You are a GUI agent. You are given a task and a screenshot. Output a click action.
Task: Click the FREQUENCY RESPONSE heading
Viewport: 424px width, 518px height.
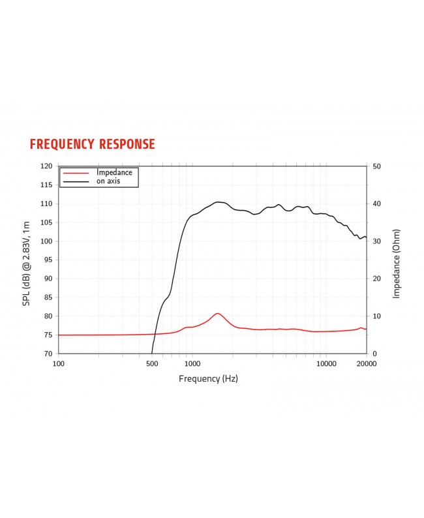tap(93, 144)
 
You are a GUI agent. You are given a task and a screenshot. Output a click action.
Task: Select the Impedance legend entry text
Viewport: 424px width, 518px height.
tap(114, 172)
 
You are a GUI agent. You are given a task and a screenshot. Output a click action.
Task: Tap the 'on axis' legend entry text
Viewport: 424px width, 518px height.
tap(109, 181)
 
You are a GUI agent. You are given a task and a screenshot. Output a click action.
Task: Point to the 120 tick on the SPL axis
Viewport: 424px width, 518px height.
tap(46, 166)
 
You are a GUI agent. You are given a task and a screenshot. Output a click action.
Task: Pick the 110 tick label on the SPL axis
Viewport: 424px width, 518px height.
tap(46, 204)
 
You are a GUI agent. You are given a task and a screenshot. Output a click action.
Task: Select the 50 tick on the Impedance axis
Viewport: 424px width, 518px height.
tap(376, 166)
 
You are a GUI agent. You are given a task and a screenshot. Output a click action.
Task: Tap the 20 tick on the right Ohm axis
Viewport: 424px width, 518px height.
tap(376, 279)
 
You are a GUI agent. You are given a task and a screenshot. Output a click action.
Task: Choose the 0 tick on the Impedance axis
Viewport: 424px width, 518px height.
tap(374, 354)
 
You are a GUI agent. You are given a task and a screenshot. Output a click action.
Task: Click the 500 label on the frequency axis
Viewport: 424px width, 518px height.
tap(152, 364)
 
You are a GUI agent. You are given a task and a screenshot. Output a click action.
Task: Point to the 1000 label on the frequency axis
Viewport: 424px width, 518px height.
tap(191, 364)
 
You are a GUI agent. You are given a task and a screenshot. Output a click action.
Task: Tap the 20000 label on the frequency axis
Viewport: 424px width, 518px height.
tap(366, 364)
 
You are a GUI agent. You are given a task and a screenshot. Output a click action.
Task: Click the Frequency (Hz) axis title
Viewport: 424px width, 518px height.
tap(208, 379)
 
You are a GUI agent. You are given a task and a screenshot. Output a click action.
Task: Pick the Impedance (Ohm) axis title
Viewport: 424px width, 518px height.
tap(396, 264)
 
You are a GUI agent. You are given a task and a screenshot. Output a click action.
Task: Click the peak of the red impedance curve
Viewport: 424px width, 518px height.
tap(218, 313)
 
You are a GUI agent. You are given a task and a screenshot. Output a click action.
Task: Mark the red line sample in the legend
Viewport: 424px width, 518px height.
tap(75, 173)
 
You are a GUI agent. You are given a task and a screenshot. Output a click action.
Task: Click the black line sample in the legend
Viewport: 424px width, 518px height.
tap(75, 181)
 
